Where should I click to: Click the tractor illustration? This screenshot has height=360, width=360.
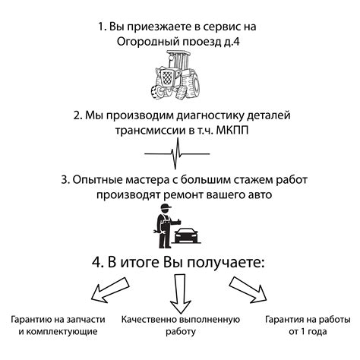coord(176,74)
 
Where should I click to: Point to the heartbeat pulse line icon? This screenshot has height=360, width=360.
coord(177,153)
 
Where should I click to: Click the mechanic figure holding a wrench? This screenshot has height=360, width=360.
coord(165,226)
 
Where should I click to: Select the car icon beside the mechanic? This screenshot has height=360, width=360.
coord(187,235)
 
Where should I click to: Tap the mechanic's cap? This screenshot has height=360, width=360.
coord(166,207)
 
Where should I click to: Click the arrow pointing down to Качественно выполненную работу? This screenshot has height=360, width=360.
coord(180,294)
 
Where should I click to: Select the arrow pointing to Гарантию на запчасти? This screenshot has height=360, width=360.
coord(110,290)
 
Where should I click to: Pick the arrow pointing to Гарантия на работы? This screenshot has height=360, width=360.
coord(248,290)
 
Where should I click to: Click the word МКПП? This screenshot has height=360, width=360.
coord(232,131)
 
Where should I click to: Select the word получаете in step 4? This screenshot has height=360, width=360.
coord(226,263)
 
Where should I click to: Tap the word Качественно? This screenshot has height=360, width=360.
coord(149,320)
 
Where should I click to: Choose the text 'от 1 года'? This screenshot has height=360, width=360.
coord(308,331)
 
